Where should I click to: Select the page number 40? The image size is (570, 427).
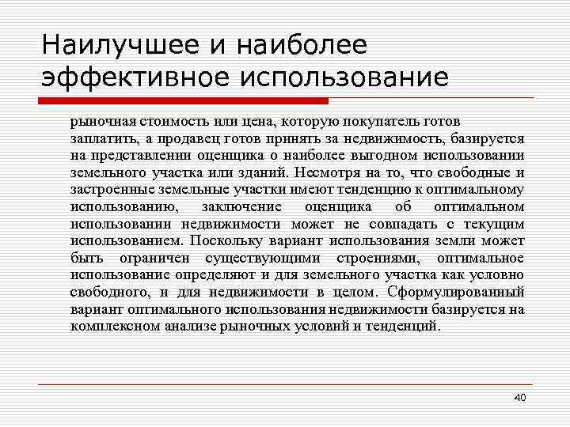click(519, 396)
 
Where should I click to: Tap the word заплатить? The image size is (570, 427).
click(97, 139)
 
